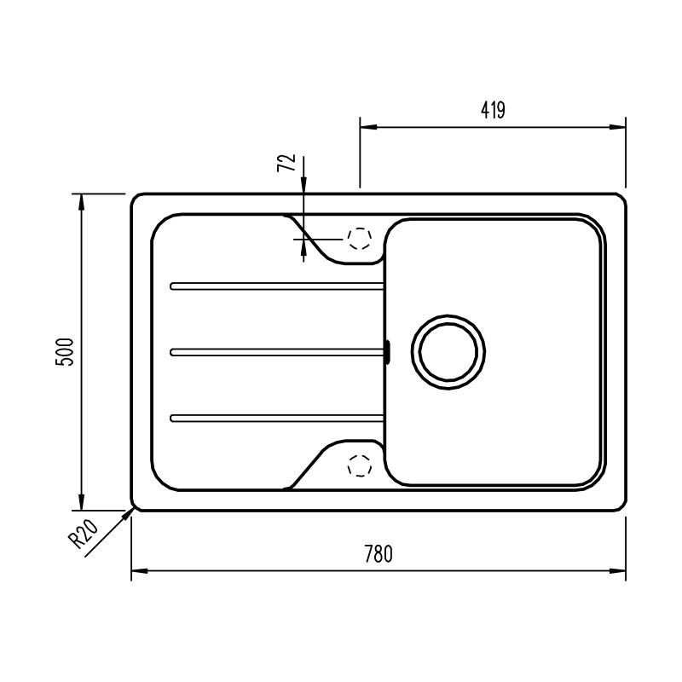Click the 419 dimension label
[493, 110]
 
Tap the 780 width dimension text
[379, 553]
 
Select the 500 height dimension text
[66, 352]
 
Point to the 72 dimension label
[286, 163]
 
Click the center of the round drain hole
[448, 352]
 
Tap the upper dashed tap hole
[359, 239]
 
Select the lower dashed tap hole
[359, 465]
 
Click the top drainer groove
[277, 286]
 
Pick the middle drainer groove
[277, 352]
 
